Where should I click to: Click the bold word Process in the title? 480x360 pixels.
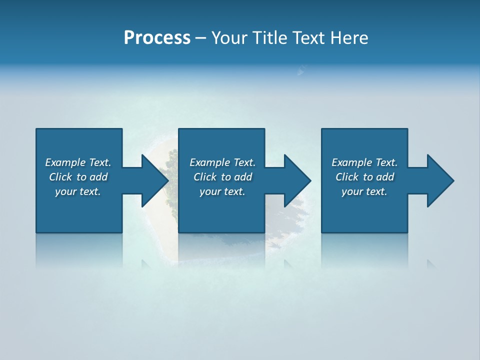coord(157,38)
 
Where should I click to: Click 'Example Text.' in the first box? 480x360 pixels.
coord(78,162)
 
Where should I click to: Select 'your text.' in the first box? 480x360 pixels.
coord(78,191)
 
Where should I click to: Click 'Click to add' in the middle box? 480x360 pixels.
coord(222,177)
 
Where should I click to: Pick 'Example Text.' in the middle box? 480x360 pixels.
coord(222,162)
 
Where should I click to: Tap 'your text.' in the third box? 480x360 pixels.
coord(364,191)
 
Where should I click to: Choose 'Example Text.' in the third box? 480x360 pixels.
coord(364,162)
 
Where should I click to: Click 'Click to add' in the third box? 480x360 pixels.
coord(364,177)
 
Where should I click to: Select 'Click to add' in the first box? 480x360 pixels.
coord(78,177)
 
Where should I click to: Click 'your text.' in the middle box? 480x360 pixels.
coord(222,191)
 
